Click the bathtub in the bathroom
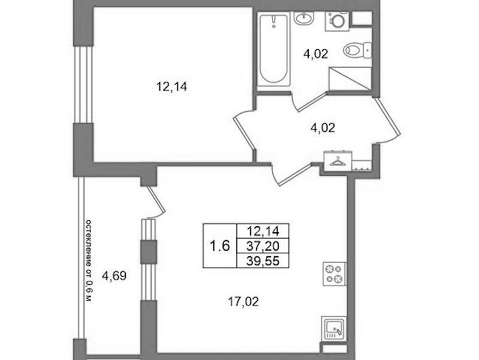(273, 49)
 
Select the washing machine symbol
(338, 21)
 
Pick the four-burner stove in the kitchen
(335, 274)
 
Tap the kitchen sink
(334, 329)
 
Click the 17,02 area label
(243, 302)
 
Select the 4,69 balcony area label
(114, 276)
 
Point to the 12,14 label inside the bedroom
(172, 87)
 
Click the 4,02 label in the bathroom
(316, 54)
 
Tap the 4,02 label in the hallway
(322, 127)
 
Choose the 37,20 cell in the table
(263, 245)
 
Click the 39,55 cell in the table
(263, 261)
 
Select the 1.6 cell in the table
(220, 245)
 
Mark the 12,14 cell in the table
(263, 231)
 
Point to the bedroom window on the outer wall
(83, 85)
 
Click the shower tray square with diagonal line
(350, 79)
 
